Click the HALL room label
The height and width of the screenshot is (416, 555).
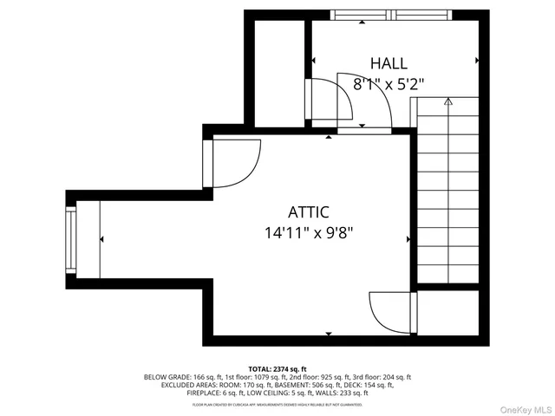(x=388, y=63)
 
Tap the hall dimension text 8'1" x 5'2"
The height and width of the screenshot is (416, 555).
(x=388, y=84)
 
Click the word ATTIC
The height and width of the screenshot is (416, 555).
(x=309, y=212)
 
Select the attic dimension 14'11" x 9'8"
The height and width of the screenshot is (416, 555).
(x=309, y=232)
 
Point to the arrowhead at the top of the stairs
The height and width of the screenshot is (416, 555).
(x=448, y=102)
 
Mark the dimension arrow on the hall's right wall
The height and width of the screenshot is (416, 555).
(x=477, y=61)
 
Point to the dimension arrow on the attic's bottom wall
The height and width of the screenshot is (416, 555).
(x=328, y=333)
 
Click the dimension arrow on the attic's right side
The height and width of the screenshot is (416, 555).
(x=408, y=239)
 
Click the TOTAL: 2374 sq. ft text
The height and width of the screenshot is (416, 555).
(x=277, y=369)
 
